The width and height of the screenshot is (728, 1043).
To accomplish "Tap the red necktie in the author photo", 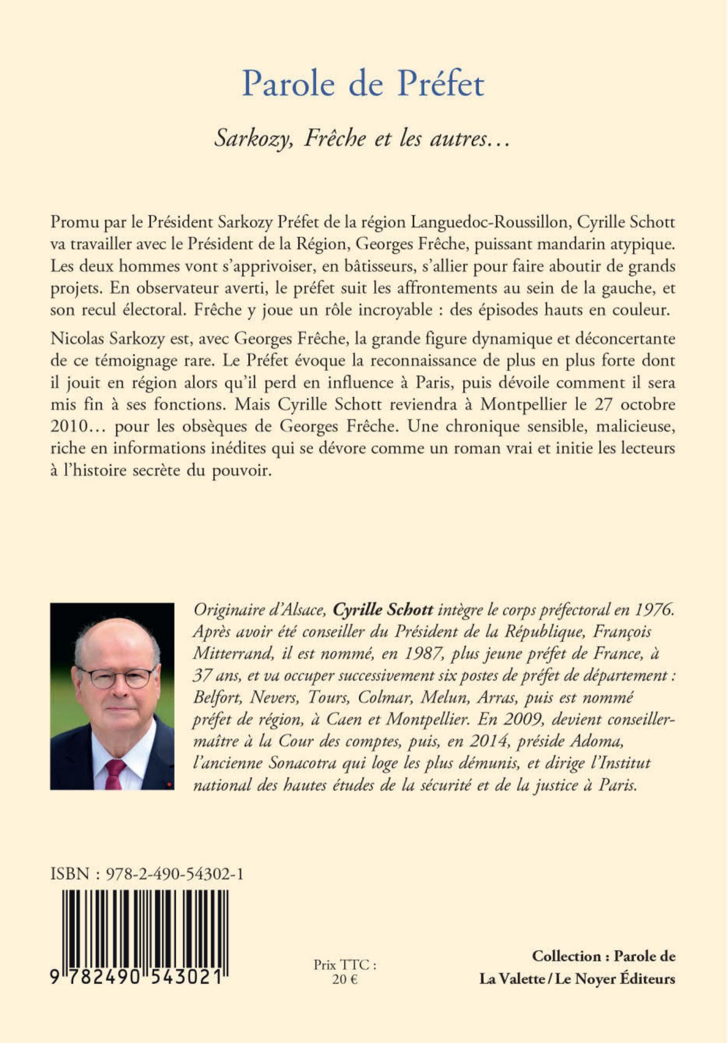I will coord(114,774).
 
